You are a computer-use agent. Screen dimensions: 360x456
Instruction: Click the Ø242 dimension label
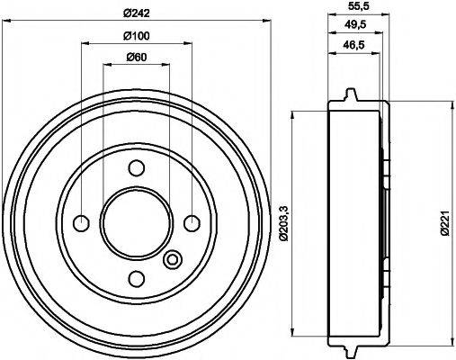click(x=137, y=12)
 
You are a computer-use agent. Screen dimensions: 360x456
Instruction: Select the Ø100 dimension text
click(x=137, y=35)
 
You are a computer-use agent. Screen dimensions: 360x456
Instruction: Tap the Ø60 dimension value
click(x=137, y=57)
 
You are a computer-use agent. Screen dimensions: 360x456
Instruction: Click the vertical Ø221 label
click(x=445, y=222)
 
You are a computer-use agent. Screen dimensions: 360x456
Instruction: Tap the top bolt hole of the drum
click(x=137, y=167)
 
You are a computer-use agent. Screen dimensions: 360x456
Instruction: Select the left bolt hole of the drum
click(x=81, y=222)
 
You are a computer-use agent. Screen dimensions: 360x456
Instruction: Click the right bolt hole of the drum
click(x=192, y=222)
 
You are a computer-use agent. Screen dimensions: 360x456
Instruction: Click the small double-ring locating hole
click(x=173, y=261)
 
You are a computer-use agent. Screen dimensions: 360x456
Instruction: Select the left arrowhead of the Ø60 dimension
click(x=106, y=64)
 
